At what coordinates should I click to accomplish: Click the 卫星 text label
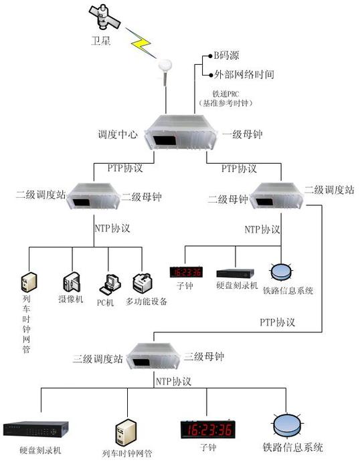[x=101, y=41]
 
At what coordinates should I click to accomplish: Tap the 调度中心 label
[x=118, y=134]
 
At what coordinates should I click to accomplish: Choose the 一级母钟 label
[x=242, y=134]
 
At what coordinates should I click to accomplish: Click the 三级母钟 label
[x=203, y=356]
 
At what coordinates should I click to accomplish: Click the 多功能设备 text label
[x=147, y=302]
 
